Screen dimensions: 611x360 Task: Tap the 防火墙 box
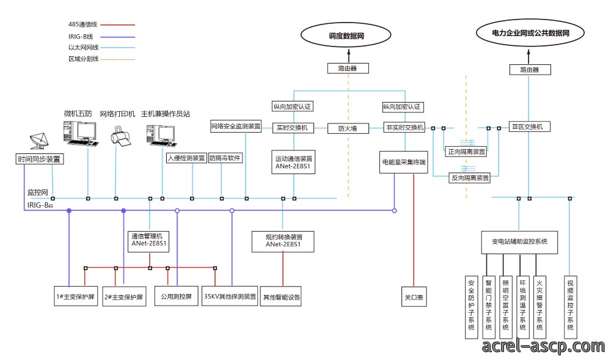[348, 128]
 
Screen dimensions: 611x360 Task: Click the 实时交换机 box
[293, 128]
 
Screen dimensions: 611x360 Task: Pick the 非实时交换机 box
[404, 127]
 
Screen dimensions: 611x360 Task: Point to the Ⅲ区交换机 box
[530, 127]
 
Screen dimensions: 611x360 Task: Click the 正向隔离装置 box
[466, 152]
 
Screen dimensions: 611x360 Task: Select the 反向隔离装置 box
[469, 178]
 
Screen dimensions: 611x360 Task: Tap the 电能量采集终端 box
[404, 162]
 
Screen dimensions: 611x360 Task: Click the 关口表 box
[414, 297]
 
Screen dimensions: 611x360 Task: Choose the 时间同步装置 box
[39, 159]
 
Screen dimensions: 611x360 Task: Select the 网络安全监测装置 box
[236, 127]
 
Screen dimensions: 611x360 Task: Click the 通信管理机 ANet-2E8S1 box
[148, 241]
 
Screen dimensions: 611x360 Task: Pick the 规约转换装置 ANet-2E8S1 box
[283, 241]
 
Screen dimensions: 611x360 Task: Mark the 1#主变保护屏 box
[76, 296]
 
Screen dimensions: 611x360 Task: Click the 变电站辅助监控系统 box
[519, 242]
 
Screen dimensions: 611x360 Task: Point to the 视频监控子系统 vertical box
[570, 308]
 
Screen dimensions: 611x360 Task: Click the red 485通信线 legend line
[117, 24]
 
